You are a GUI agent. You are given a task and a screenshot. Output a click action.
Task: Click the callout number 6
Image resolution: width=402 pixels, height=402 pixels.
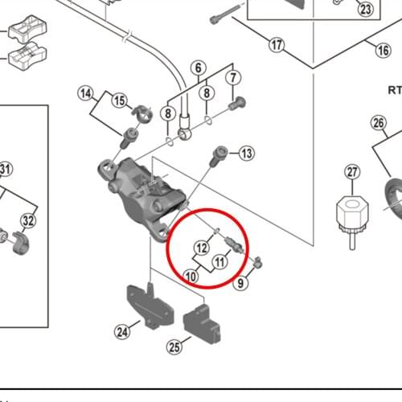click(x=199, y=68)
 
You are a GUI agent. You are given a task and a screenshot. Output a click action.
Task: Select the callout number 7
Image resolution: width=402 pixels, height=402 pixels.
click(x=233, y=78)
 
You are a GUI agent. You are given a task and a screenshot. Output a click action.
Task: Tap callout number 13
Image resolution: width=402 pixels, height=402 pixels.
click(x=247, y=154)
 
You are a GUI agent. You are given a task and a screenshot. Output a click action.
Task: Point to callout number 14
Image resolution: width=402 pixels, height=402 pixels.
click(x=86, y=93)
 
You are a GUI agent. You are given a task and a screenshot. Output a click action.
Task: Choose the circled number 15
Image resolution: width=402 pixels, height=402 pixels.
click(x=120, y=100)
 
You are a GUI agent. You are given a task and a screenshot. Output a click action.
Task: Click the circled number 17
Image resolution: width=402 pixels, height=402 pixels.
click(x=277, y=45)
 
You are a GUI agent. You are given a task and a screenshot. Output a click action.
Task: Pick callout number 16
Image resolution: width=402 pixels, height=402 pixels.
click(x=383, y=50)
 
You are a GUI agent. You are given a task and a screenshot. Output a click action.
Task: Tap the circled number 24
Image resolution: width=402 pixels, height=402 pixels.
click(x=122, y=332)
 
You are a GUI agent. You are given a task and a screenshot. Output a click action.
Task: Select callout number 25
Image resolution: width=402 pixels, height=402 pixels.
click(x=174, y=347)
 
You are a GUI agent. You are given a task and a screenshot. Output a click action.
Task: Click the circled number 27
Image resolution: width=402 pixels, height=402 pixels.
click(x=352, y=172)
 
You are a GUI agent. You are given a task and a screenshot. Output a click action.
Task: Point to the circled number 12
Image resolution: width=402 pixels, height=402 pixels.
click(x=202, y=248)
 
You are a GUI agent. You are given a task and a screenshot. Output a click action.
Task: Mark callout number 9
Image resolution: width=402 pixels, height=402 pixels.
click(x=240, y=283)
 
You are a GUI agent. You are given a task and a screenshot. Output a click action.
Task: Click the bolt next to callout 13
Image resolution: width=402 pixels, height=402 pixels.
click(x=218, y=156)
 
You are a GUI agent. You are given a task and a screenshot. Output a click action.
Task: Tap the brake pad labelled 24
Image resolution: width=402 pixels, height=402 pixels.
click(x=150, y=306)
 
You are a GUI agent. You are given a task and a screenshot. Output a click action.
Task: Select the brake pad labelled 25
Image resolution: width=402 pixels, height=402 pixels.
click(x=202, y=323)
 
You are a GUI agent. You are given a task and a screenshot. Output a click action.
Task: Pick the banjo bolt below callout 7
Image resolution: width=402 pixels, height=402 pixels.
click(x=237, y=104)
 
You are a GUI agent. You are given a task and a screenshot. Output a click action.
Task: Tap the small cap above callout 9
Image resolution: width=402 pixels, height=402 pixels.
click(x=258, y=262)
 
